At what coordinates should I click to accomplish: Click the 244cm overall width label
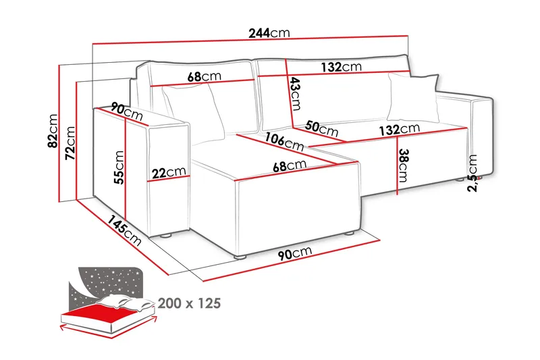coord(269,33)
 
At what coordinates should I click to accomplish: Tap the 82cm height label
coord(53,131)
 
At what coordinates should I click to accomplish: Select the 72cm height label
coord(70,143)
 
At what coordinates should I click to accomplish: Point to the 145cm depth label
coord(124,230)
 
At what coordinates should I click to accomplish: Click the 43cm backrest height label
coord(295,93)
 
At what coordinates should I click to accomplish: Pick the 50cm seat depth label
coord(322,128)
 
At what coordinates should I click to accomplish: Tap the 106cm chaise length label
coord(284,142)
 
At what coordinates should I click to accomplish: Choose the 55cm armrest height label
coord(119,168)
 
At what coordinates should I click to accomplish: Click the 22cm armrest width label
coord(169,172)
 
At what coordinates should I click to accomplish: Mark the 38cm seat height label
coord(403,165)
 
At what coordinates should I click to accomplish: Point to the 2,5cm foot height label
coord(473,173)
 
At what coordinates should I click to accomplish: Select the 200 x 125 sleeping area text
coord(189,303)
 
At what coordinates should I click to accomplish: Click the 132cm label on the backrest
coord(342,67)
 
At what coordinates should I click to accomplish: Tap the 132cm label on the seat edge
coord(400,130)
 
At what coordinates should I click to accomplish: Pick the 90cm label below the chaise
coord(295,253)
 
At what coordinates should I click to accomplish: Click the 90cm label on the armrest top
coord(127,111)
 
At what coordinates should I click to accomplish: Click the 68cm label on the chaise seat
coord(290,166)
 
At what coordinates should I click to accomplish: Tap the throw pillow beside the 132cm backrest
coord(413,97)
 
